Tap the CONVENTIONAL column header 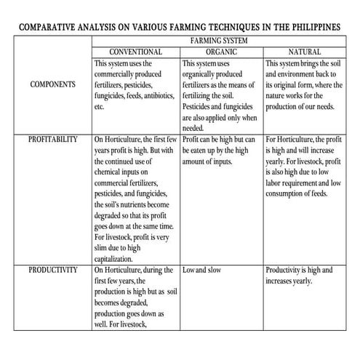point(135,53)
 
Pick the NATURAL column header point(305,53)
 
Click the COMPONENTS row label point(53,85)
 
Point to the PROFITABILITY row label point(53,138)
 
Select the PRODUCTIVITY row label point(53,270)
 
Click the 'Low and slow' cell point(205,270)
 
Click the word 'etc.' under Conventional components point(100,107)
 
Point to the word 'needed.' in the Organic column point(193,128)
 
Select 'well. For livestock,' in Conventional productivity point(126,324)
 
